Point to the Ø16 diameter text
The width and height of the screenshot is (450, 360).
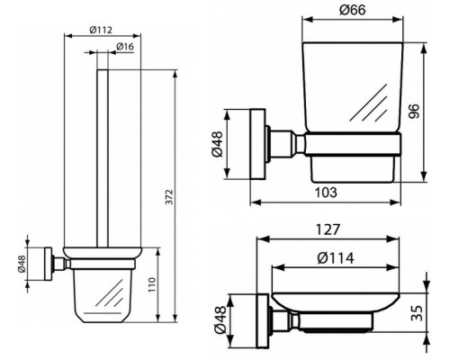click(126, 46)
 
